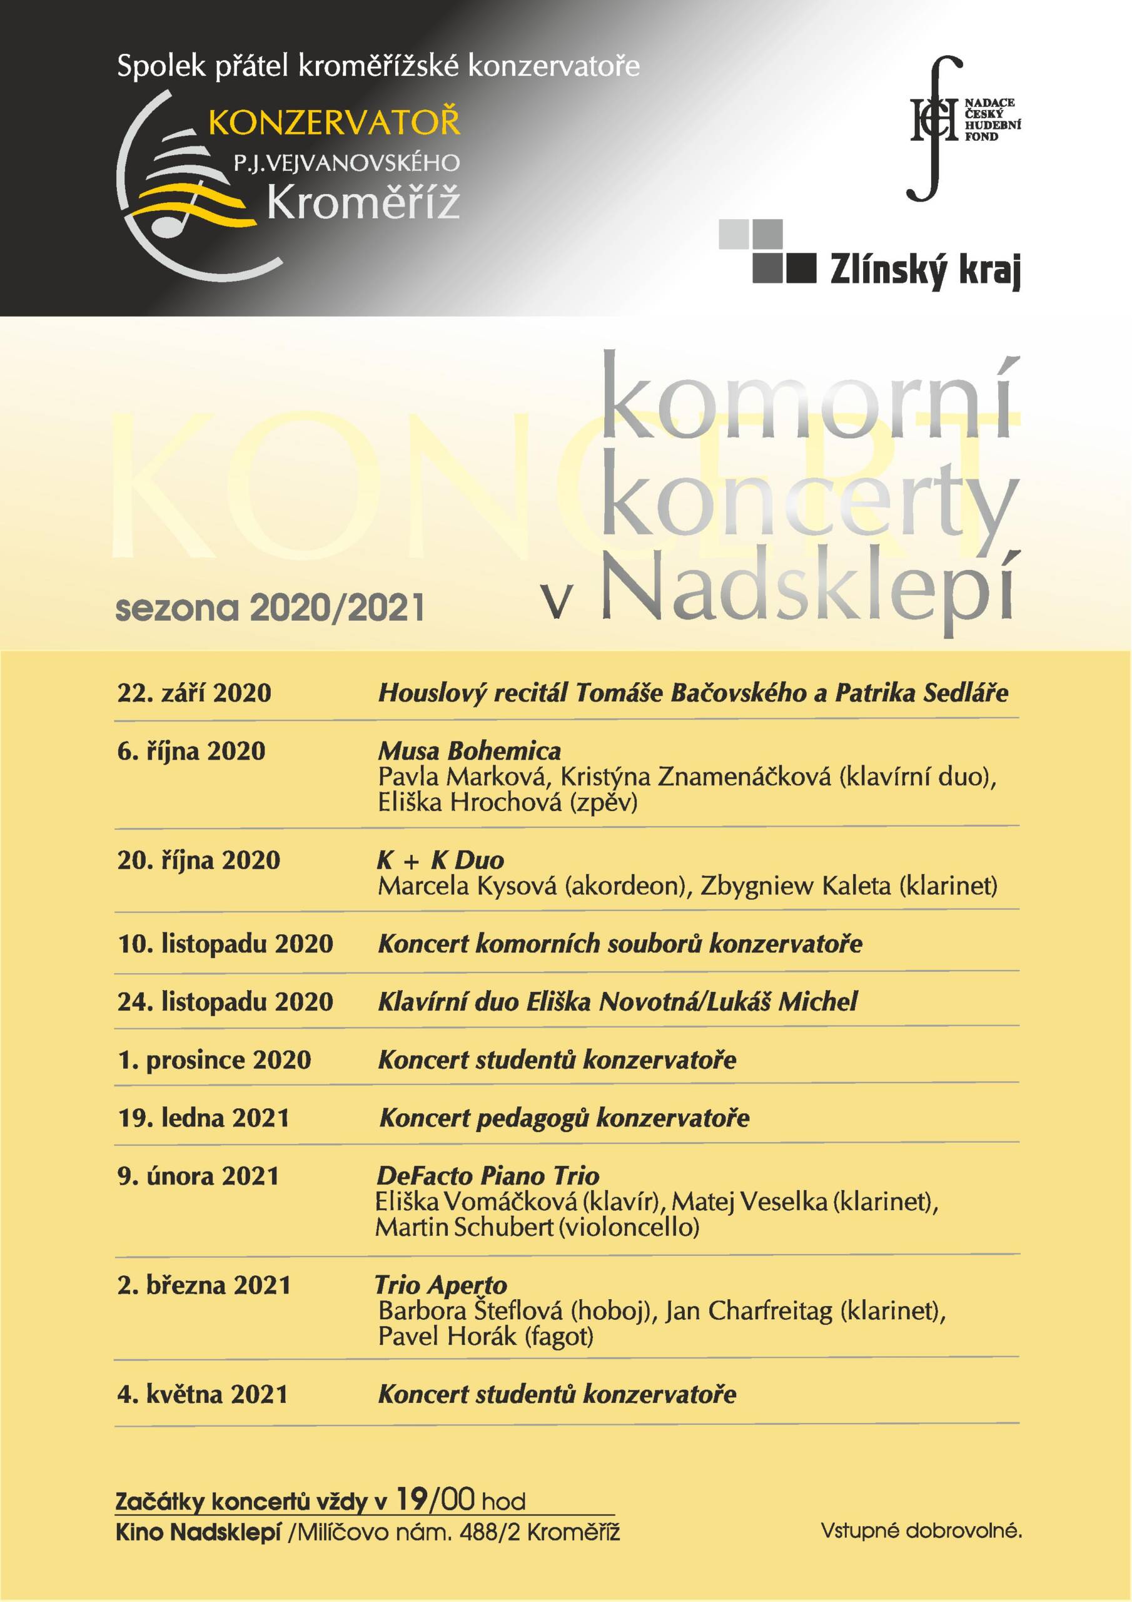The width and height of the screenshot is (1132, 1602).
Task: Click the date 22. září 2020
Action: pyautogui.click(x=194, y=693)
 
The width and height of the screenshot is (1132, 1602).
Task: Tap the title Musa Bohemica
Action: pyautogui.click(x=470, y=751)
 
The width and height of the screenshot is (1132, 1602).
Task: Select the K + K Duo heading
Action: pyautogui.click(x=440, y=860)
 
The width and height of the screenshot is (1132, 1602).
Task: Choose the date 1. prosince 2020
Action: pyautogui.click(x=214, y=1060)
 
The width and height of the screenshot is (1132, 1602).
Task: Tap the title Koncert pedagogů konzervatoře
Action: pyautogui.click(x=564, y=1118)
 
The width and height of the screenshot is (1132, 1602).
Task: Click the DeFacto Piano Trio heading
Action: pyautogui.click(x=488, y=1176)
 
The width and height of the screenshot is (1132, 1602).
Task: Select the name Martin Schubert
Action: pyautogui.click(x=465, y=1227)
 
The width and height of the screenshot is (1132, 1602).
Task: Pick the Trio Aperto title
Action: pyautogui.click(x=442, y=1285)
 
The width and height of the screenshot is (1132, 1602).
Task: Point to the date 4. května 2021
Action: pyautogui.click(x=202, y=1394)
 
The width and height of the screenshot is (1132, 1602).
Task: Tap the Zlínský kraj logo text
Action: pyautogui.click(x=925, y=269)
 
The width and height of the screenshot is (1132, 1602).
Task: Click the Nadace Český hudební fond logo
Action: pyautogui.click(x=963, y=126)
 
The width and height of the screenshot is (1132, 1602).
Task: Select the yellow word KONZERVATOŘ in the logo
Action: pyautogui.click(x=334, y=123)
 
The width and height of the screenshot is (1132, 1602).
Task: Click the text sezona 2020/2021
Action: pyautogui.click(x=270, y=608)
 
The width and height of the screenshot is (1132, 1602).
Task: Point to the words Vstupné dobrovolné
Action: pyautogui.click(x=921, y=1531)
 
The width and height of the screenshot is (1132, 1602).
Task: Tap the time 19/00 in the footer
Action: pyautogui.click(x=435, y=1499)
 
